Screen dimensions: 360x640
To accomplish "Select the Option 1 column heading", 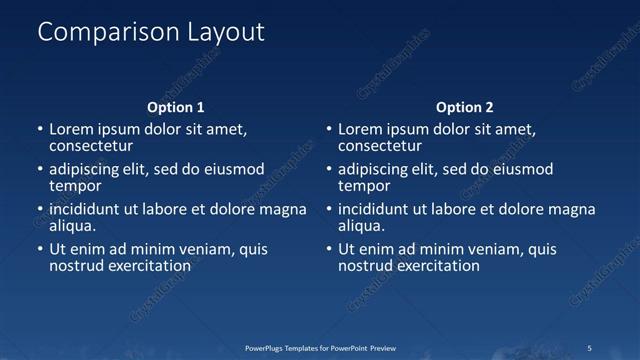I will pos(176,107).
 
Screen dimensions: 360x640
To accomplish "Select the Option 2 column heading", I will pos(465,107).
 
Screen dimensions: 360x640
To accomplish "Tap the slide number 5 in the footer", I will pos(590,348).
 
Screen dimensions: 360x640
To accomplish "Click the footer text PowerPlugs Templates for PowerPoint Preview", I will pos(320,348).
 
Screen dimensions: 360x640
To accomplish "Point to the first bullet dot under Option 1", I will pos(40,130).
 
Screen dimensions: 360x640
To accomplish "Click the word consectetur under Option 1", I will pos(91,146).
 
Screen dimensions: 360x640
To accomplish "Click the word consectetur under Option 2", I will pos(380,146).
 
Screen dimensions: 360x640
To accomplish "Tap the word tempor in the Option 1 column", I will pos(75,186).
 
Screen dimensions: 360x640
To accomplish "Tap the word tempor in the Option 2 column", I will pos(364,186).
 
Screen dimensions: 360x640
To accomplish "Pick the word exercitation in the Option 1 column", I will pos(146,266).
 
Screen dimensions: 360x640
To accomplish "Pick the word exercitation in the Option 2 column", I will pos(435,266).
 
